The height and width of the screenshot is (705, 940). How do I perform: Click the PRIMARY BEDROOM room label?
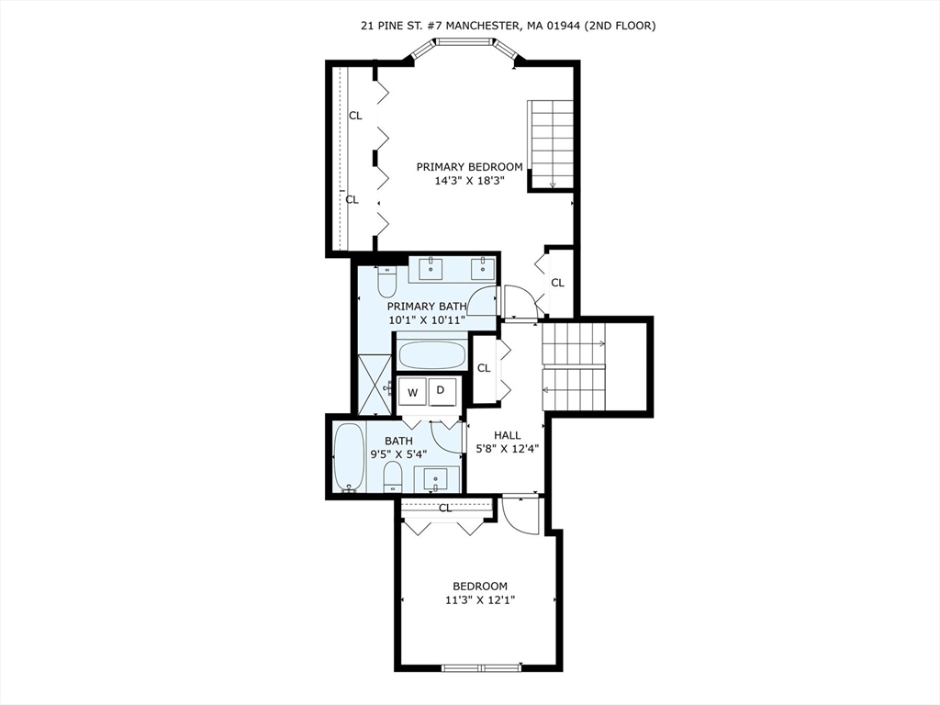pyautogui.click(x=469, y=167)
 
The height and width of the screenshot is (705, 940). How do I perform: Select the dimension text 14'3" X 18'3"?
pyautogui.click(x=469, y=181)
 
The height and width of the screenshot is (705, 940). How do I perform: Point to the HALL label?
pyautogui.click(x=507, y=435)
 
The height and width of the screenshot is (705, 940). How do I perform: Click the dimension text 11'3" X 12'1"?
pyautogui.click(x=479, y=600)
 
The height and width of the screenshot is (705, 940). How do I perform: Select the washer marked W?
pyautogui.click(x=413, y=392)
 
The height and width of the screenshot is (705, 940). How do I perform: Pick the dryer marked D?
pyautogui.click(x=441, y=391)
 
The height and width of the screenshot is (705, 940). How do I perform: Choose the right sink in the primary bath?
pyautogui.click(x=481, y=269)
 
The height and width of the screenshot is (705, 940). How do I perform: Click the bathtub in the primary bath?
pyautogui.click(x=431, y=354)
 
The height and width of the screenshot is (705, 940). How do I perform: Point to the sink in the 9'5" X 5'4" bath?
pyautogui.click(x=436, y=478)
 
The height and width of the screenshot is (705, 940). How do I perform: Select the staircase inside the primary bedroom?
pyautogui.click(x=551, y=144)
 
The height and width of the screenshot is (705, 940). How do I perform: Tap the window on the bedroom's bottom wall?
pyautogui.click(x=479, y=667)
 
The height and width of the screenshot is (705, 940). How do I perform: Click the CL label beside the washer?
pyautogui.click(x=483, y=368)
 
